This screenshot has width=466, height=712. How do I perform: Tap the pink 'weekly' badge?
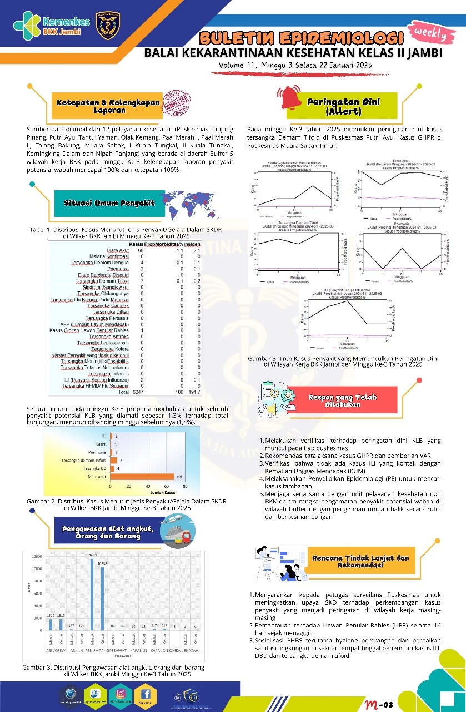click(430, 33)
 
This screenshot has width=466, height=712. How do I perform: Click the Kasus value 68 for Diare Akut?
click(141, 250)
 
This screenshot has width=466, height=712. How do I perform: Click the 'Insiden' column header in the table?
click(192, 244)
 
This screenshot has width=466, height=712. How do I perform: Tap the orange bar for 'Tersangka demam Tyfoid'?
click(114, 461)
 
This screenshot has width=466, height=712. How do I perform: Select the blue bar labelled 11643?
click(92, 594)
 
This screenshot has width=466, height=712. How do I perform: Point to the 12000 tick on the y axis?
click(37, 556)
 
